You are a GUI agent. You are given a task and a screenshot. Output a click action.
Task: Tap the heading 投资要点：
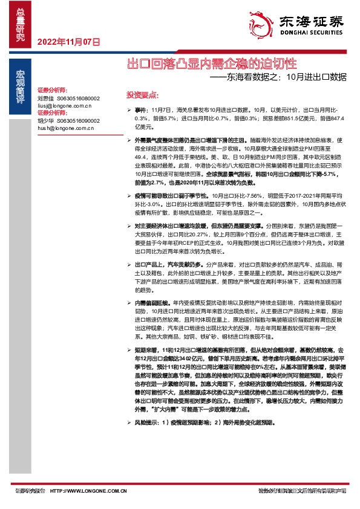142,94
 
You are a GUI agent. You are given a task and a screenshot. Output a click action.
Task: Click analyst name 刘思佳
46,98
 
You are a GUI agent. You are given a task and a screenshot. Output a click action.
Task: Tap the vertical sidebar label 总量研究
20,25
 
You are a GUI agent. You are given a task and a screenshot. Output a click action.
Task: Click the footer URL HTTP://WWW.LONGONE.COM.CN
88,492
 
